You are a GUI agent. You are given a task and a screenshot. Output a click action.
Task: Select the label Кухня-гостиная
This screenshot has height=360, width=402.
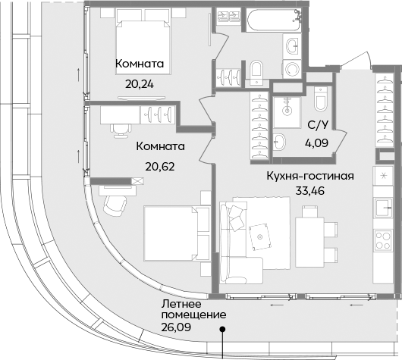coord(310,176)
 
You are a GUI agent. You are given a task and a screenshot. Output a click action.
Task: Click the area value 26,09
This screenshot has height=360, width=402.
coord(176,329)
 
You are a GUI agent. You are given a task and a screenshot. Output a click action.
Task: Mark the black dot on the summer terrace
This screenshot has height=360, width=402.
coord(222,328)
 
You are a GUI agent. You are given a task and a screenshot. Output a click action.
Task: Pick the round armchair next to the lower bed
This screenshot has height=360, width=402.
coord(111,203)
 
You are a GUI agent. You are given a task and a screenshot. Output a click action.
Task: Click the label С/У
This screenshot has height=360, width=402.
coord(316,125)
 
